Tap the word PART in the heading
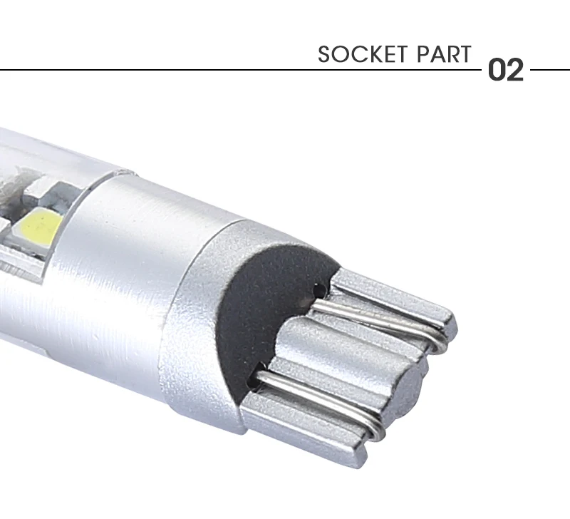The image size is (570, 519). pos(444,55)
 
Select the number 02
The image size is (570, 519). pos(506,69)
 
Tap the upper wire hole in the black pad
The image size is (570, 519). pos(319,290)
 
